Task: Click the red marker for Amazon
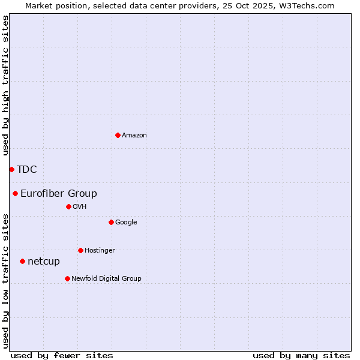tap(118, 135)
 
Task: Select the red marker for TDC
tap(11, 169)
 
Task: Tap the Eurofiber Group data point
tap(15, 193)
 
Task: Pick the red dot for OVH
tap(68, 206)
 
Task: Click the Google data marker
tap(111, 222)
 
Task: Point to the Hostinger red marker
tap(80, 250)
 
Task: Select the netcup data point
tap(22, 261)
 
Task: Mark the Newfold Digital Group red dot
tap(67, 278)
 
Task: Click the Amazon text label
tap(134, 136)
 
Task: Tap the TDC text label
tap(27, 170)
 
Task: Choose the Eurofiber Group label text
tap(59, 194)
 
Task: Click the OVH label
tap(80, 207)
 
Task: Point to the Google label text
tap(126, 223)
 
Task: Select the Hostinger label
tap(100, 251)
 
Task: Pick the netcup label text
tap(44, 262)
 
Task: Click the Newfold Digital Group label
tap(106, 279)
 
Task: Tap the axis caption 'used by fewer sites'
tap(62, 355)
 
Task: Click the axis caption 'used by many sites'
tap(301, 355)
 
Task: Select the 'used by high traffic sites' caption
tap(6, 85)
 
